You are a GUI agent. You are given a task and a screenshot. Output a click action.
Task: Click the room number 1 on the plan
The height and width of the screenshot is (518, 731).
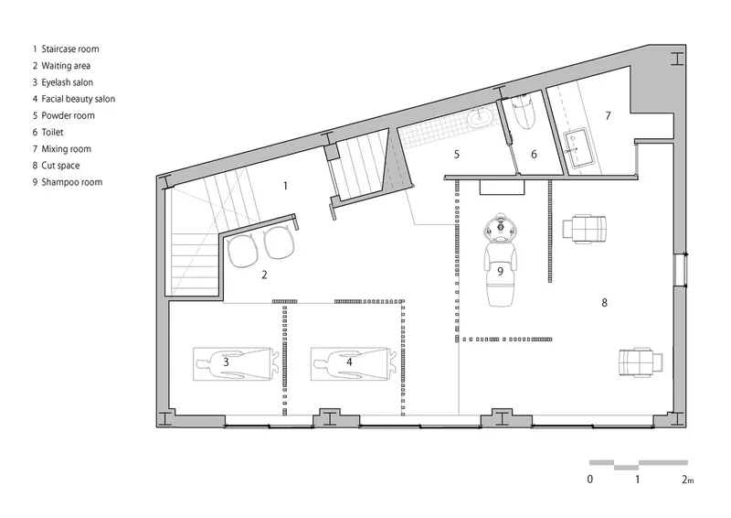[285, 186]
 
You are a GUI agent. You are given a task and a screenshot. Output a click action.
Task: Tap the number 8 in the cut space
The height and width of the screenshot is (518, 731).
[604, 303]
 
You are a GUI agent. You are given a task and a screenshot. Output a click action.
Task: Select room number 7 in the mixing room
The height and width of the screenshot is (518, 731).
[608, 115]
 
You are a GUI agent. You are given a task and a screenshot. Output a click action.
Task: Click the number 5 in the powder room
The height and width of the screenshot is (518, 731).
[456, 154]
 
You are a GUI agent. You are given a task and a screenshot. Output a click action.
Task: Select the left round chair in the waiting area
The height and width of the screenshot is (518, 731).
[242, 251]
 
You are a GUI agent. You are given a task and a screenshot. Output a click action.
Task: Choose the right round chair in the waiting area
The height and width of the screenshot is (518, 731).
[279, 243]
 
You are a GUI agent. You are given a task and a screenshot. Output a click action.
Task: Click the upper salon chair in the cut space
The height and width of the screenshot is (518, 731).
[584, 229]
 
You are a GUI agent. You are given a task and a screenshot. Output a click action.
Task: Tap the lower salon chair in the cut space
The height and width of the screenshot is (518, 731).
[641, 362]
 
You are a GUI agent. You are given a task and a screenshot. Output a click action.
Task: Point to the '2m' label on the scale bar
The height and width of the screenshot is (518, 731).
[687, 480]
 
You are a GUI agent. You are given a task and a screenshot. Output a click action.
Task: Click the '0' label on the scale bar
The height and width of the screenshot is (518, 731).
[589, 480]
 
